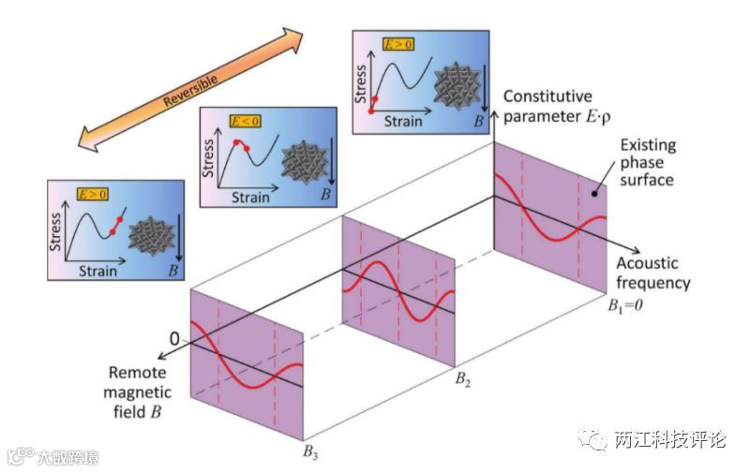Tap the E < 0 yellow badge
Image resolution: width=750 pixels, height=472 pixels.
tap(247, 122)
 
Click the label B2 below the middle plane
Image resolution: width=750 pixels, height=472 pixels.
tap(466, 378)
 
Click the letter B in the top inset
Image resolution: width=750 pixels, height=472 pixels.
tap(479, 121)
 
